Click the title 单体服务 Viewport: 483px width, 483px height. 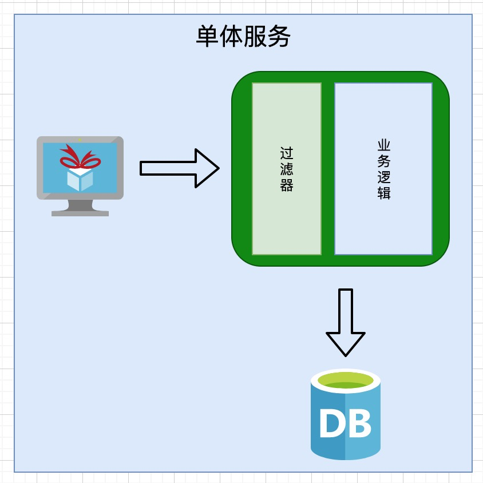click(243, 37)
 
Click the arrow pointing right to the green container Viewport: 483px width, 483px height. click(179, 168)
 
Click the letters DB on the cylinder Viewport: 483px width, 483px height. click(345, 424)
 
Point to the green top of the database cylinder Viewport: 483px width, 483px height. click(346, 381)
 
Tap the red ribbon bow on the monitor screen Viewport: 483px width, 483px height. click(80, 157)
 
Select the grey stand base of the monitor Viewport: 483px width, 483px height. click(80, 213)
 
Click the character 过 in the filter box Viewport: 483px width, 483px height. click(287, 153)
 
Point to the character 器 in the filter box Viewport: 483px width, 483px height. click(287, 185)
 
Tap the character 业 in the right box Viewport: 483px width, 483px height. click(384, 145)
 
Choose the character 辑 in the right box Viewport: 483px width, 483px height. click(384, 193)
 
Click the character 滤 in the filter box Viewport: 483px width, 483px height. click(287, 169)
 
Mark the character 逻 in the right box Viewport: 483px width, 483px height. click(384, 177)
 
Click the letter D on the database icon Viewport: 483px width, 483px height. click(331, 424)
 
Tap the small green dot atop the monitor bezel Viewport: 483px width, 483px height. click(80, 140)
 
